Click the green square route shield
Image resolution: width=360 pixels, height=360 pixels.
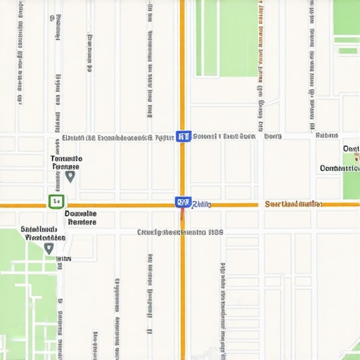[56, 202]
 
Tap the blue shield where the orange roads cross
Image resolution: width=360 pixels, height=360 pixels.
[182, 202]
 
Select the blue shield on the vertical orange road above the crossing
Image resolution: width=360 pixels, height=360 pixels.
[183, 136]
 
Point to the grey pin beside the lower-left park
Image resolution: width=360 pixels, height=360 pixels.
[48, 247]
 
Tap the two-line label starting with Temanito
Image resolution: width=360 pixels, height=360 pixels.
[67, 163]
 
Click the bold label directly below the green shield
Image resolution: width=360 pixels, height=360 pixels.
[81, 217]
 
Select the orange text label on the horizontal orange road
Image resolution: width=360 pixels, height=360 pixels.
[293, 204]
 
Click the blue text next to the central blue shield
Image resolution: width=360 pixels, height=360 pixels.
[201, 204]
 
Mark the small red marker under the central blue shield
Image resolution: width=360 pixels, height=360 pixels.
[183, 214]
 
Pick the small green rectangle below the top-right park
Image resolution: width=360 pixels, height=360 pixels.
[347, 51]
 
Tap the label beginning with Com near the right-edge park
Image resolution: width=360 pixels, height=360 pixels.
[339, 168]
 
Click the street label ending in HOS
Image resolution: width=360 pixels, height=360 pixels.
[180, 231]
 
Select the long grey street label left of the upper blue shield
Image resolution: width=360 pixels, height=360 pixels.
[117, 138]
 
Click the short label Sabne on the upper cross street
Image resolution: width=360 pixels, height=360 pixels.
[326, 136]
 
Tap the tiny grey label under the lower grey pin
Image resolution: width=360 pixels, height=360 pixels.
[63, 259]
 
